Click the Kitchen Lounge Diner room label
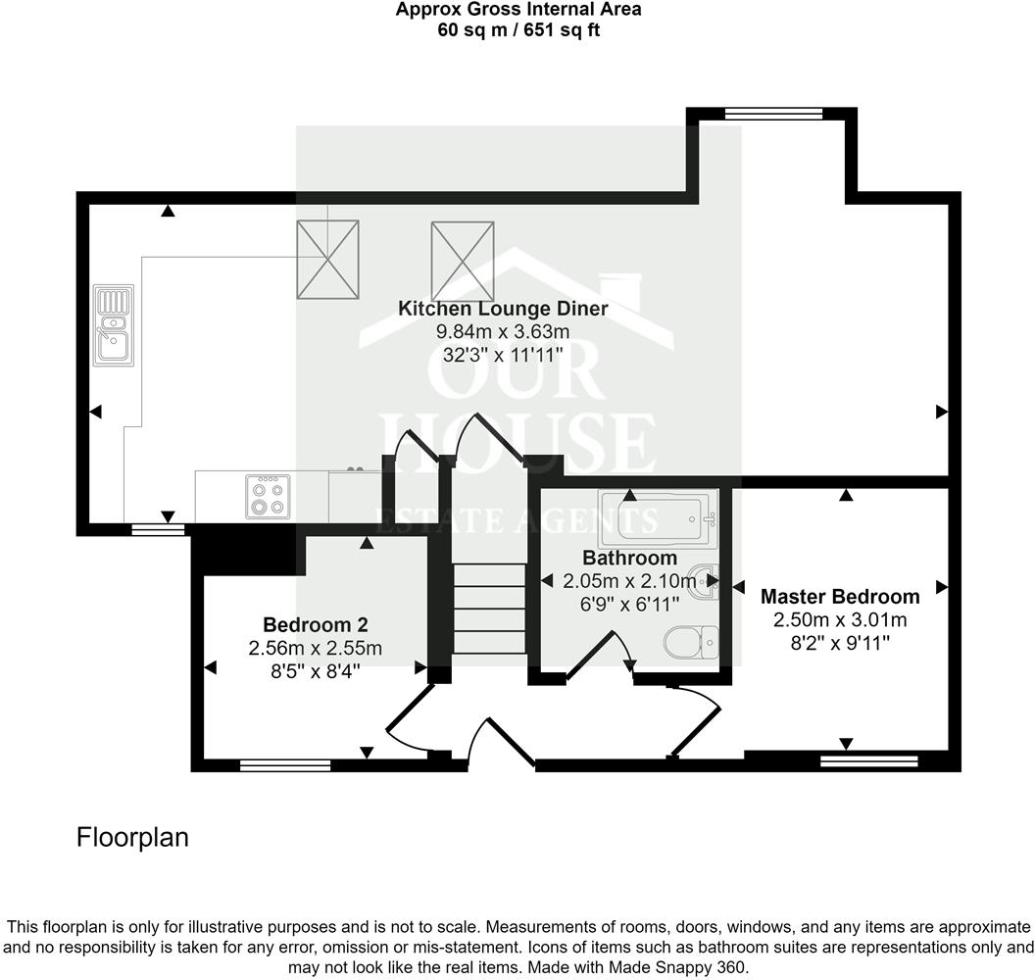point(503,309)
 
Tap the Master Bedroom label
point(840,596)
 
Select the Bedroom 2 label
point(316,624)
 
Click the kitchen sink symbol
point(113,325)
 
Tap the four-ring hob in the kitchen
point(269,496)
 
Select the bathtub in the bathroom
point(658,518)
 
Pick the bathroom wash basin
point(705,581)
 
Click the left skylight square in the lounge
point(328,259)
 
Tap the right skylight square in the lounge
point(462,259)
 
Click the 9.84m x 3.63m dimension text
point(503,332)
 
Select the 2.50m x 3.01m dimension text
point(840,619)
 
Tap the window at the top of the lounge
point(773,115)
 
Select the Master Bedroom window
point(868,760)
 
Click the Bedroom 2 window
point(285,765)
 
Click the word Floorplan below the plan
point(132,838)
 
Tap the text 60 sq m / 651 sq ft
point(518,29)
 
